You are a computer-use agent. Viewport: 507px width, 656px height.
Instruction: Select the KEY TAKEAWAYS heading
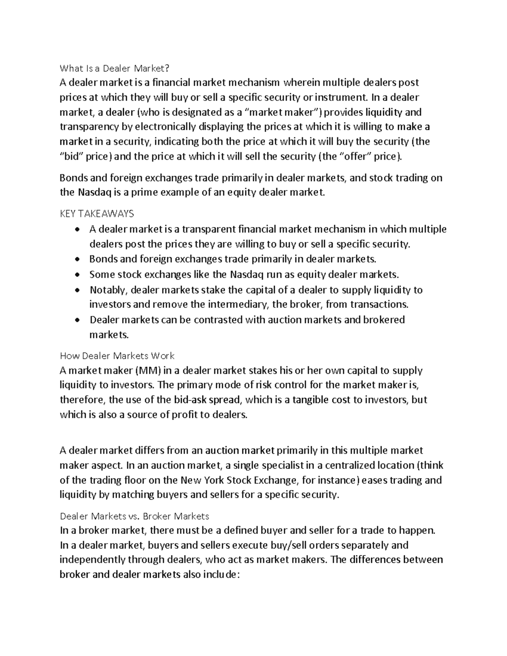97,214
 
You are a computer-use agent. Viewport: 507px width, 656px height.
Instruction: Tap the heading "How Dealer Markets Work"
117,356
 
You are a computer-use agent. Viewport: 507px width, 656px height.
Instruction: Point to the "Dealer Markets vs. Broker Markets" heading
134,516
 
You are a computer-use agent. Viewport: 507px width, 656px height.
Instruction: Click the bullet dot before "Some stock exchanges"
76,275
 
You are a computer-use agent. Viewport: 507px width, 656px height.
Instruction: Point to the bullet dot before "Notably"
76,290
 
